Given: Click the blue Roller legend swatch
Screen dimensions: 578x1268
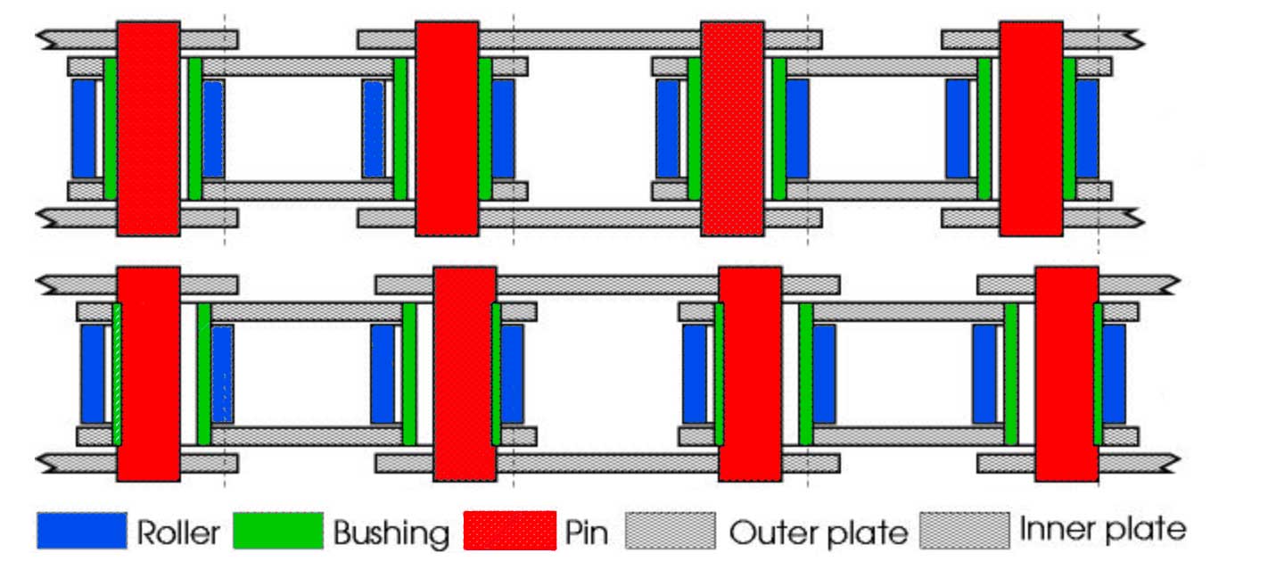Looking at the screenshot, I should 82,531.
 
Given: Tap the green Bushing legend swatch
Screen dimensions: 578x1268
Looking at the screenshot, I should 277,531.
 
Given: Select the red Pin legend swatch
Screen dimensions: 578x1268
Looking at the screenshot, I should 510,531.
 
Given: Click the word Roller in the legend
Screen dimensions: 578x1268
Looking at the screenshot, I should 178,533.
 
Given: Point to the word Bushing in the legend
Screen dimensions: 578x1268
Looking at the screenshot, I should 391,533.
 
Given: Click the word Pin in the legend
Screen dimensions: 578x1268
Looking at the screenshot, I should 587,533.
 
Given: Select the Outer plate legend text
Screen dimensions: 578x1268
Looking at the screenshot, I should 818,533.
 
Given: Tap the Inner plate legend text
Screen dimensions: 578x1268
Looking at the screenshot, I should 1103,529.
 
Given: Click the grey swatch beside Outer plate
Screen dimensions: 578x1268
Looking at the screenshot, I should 671,531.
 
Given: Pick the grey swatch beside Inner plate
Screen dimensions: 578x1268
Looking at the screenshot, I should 965,530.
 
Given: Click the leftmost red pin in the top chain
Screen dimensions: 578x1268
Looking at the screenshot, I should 148,128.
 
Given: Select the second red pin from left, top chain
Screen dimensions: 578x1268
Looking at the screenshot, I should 447,128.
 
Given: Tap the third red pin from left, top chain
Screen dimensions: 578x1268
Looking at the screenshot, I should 732,128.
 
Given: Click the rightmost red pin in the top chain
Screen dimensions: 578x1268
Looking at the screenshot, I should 1031,128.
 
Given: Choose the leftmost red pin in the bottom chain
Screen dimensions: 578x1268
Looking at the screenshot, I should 148,374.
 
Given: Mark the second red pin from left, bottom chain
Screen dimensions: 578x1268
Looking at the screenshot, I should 465,374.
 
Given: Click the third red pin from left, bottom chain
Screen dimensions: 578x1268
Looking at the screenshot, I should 750,374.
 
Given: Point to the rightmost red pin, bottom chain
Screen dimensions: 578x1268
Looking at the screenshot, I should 1066,374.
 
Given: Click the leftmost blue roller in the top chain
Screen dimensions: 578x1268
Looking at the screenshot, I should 84,128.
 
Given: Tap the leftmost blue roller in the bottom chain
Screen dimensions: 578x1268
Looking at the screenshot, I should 93,374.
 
